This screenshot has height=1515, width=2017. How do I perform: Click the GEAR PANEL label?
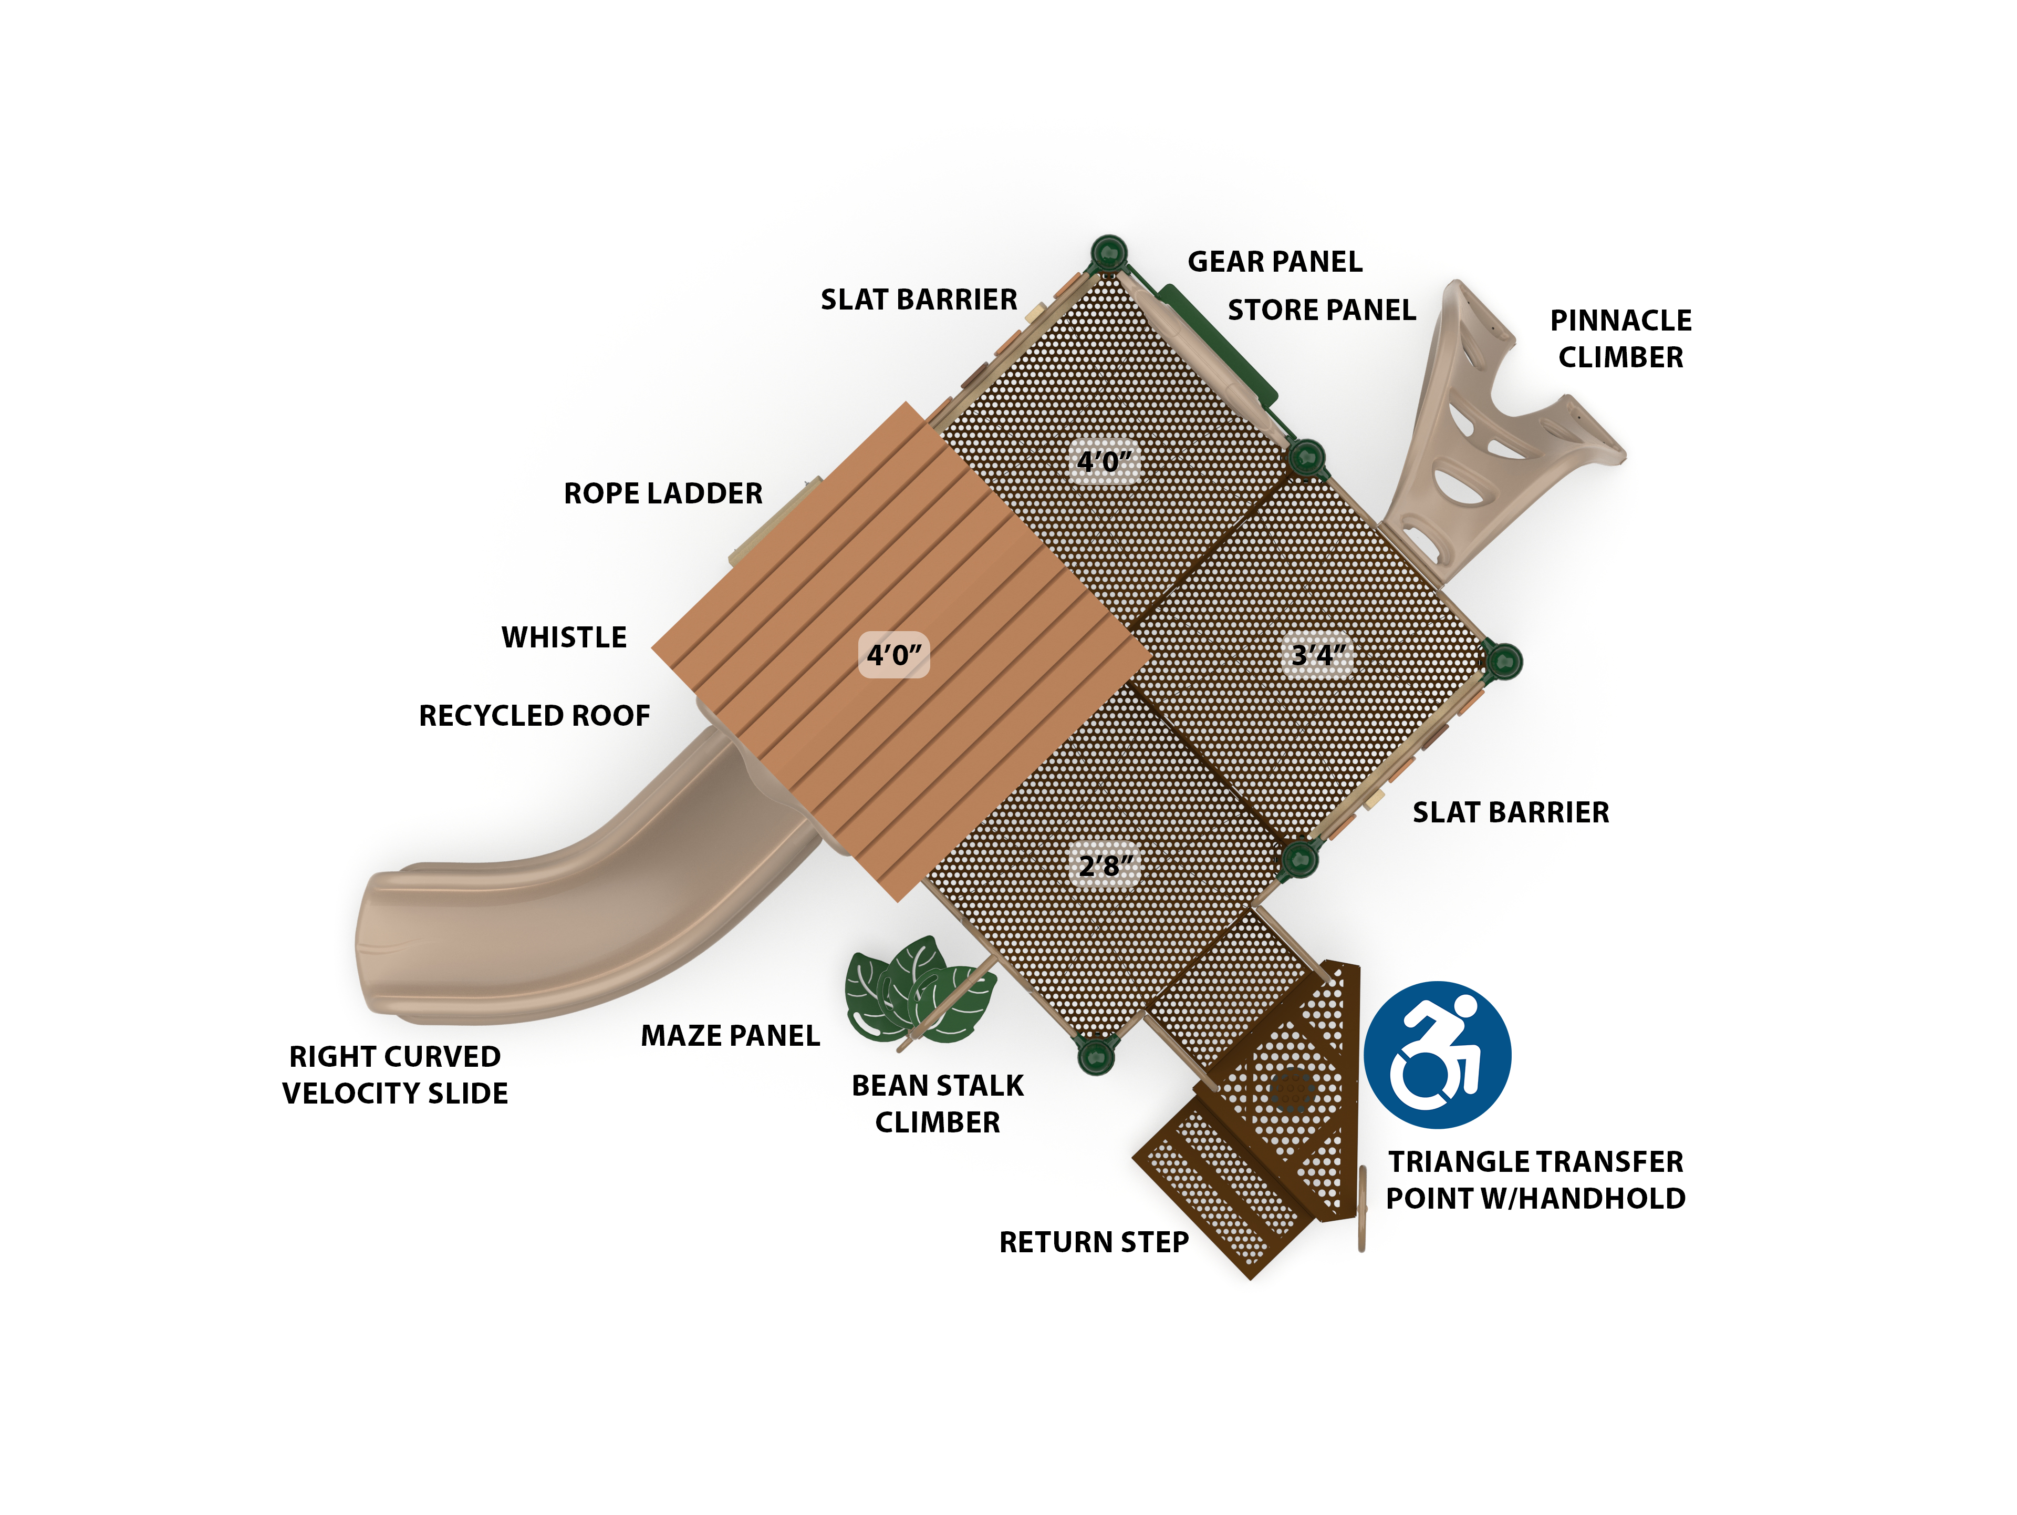(1275, 262)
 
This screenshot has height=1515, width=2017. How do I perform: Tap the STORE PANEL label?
(1321, 310)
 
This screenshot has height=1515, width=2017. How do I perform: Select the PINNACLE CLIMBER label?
(1620, 338)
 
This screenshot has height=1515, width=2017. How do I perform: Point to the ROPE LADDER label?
(663, 493)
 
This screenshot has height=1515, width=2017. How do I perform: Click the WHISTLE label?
(565, 637)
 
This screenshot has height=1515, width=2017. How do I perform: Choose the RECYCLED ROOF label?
(534, 716)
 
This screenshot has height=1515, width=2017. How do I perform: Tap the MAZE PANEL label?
(731, 1036)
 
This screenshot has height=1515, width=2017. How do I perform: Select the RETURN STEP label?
(1094, 1242)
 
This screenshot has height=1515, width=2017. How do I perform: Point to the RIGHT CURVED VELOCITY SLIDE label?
(395, 1075)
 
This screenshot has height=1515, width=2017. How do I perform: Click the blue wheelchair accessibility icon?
(1437, 1055)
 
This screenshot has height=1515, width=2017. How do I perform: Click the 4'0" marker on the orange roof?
(893, 655)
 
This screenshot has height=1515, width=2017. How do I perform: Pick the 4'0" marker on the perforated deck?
(1104, 461)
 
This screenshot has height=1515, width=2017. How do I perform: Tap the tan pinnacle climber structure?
(1495, 429)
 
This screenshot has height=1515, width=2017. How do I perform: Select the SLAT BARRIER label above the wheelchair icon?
(1511, 813)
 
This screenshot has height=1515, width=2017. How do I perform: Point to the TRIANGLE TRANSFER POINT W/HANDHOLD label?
(1535, 1180)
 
